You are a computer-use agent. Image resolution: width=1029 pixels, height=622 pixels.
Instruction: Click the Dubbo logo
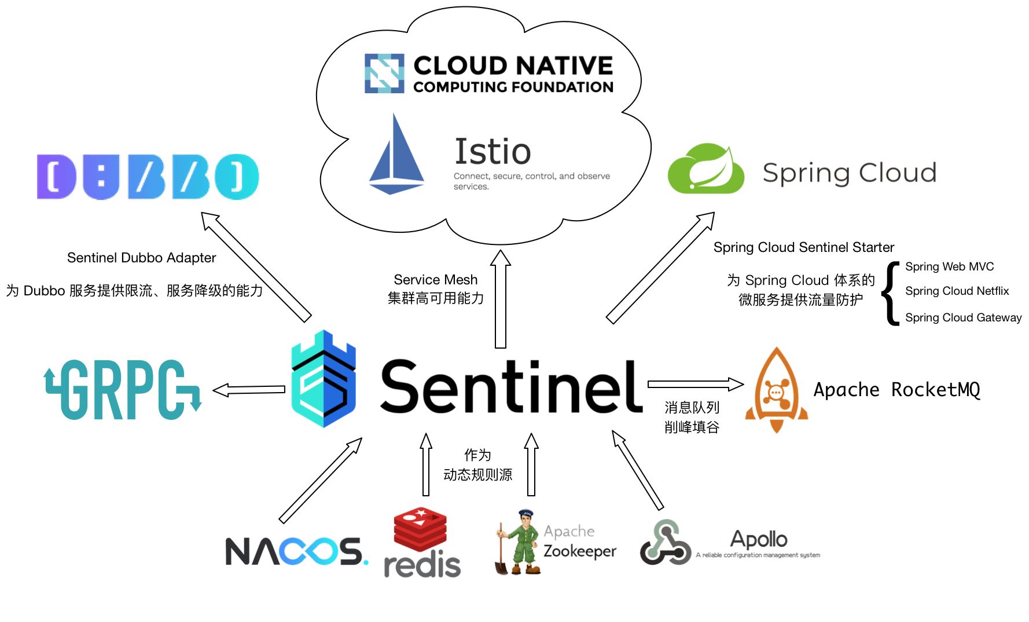click(x=148, y=177)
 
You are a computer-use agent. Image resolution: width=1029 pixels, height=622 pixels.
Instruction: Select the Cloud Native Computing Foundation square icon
click(x=384, y=74)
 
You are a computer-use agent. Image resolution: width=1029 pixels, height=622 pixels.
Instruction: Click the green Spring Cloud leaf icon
click(x=705, y=170)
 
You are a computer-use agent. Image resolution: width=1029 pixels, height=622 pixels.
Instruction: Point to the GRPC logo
click(x=123, y=389)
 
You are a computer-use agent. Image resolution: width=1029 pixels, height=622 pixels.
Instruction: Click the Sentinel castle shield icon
click(x=323, y=379)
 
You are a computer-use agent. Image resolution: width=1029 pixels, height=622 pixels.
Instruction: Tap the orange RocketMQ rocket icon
click(x=776, y=390)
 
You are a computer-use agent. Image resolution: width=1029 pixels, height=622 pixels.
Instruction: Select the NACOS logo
click(x=296, y=551)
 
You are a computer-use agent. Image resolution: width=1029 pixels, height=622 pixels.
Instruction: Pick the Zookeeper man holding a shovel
click(x=518, y=543)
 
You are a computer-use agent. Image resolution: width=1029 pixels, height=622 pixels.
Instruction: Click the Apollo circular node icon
click(x=665, y=543)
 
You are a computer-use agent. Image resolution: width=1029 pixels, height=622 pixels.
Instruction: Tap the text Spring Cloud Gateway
click(x=963, y=317)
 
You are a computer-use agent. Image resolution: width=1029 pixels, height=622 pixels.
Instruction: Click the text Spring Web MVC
click(x=949, y=266)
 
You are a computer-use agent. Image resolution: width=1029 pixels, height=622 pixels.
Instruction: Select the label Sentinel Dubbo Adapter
click(x=141, y=258)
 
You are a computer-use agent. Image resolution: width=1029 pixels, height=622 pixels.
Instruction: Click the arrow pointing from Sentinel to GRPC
click(x=249, y=390)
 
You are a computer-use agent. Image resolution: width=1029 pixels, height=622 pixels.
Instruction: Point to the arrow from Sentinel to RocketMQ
click(x=695, y=384)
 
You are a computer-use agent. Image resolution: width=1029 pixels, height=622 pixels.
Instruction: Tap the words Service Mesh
click(x=435, y=280)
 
